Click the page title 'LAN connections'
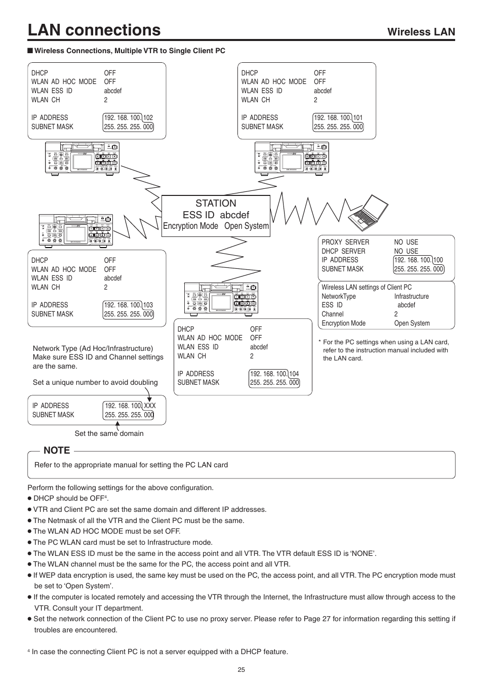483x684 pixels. point(94,30)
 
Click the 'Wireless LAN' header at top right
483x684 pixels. point(421,32)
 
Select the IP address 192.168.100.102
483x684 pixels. point(128,117)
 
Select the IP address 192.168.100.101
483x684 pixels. point(338,117)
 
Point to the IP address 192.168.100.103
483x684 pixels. point(128,305)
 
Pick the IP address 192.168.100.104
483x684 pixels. point(274,374)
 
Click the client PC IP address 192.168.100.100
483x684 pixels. point(418,260)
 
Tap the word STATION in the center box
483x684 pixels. point(216,203)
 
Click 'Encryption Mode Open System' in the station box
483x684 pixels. point(216,226)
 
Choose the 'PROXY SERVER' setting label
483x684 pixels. point(345,242)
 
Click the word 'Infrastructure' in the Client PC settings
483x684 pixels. point(411,296)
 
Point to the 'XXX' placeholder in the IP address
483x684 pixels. point(150,406)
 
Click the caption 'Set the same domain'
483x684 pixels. point(109,433)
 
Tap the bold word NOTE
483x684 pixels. point(57,451)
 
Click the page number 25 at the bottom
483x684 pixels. point(241,669)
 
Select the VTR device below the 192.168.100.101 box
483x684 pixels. point(292,158)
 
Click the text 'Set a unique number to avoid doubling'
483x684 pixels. point(95,382)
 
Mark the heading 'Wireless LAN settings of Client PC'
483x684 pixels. point(367,287)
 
